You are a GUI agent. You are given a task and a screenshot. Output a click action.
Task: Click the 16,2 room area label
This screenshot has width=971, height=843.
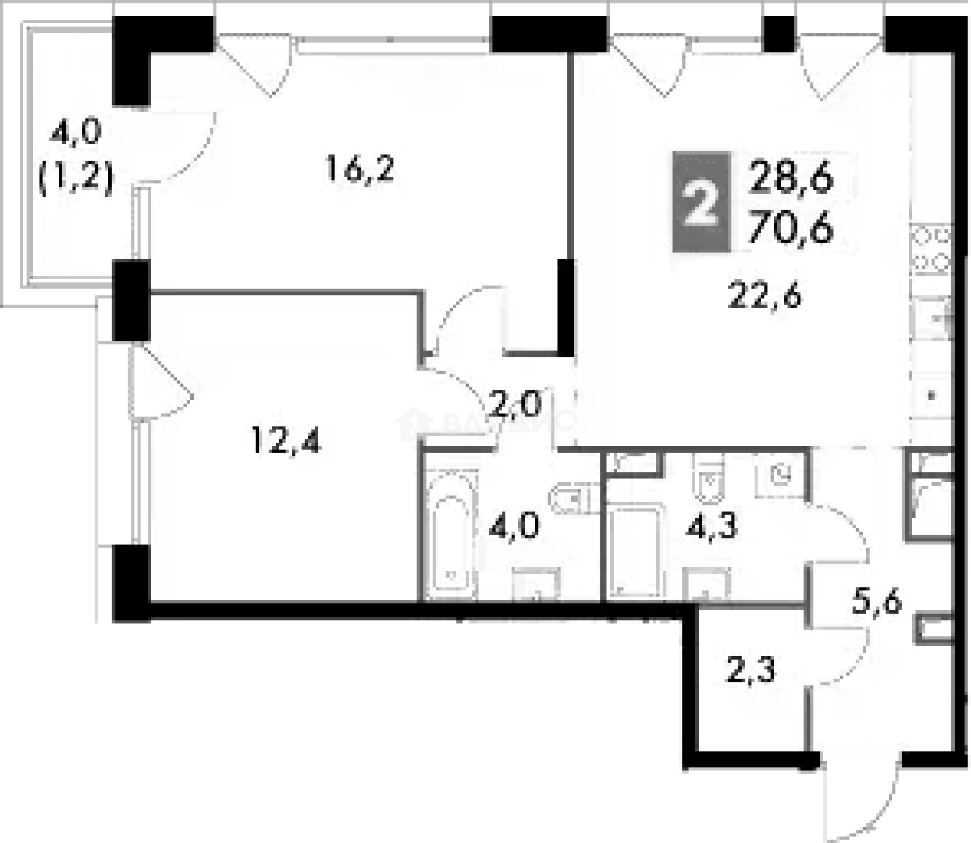coord(360,169)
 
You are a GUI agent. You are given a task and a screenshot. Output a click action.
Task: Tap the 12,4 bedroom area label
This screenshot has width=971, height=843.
coord(286,442)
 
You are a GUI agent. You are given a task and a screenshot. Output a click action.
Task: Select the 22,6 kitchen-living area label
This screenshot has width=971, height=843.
coord(765,297)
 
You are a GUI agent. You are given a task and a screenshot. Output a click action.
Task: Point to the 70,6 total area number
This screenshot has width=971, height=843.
coord(790,229)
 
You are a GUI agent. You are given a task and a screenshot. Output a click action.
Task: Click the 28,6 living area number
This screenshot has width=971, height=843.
coord(790,179)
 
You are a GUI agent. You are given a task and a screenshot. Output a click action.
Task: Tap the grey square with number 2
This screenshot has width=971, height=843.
coord(702,202)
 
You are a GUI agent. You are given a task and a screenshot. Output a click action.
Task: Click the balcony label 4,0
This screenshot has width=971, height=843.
coord(76,133)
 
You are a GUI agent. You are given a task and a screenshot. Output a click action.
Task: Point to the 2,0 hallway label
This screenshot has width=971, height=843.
coord(514,405)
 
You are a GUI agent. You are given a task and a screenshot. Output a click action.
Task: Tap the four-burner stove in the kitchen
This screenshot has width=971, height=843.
coord(932,248)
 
